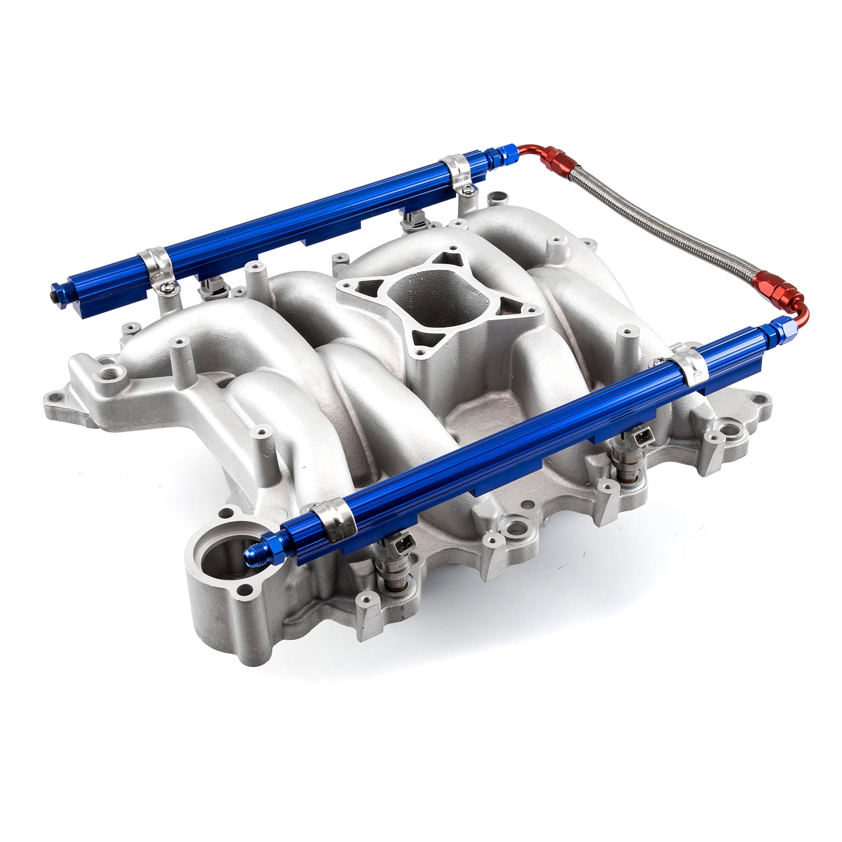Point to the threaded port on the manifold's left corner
coord(113,378)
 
